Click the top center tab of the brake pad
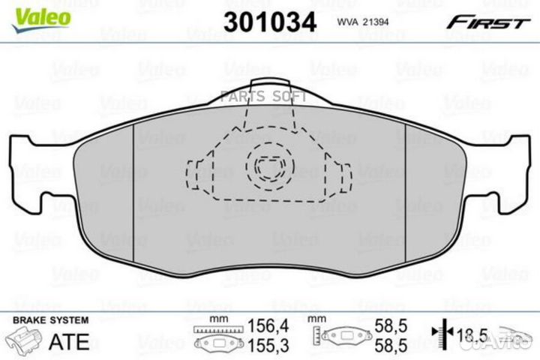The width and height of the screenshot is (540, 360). [x=269, y=90]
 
